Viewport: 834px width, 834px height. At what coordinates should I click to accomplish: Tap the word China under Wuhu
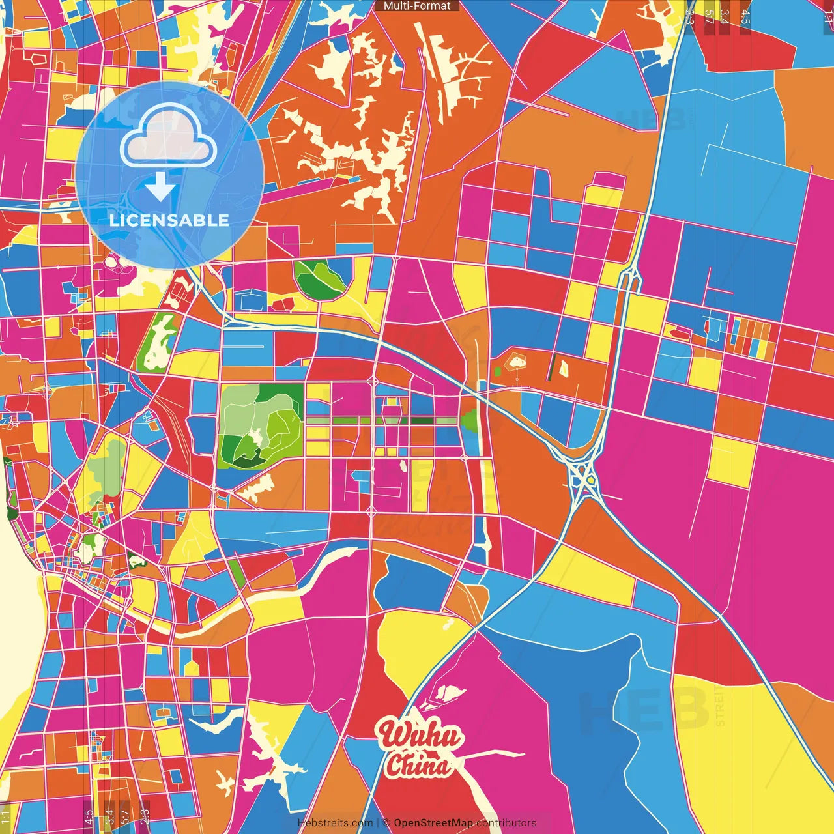point(417,765)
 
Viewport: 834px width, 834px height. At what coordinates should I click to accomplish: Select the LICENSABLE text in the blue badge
point(169,220)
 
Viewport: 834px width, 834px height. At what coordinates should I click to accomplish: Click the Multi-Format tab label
point(417,6)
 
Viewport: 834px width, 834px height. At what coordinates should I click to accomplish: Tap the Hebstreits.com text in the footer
point(335,823)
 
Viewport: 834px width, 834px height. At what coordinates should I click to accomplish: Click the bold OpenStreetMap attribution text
point(433,823)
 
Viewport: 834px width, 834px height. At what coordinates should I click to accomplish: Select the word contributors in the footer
point(506,823)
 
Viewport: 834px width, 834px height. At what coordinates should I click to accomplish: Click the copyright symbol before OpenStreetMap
point(386,823)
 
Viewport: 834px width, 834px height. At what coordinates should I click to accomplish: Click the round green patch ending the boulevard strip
point(469,421)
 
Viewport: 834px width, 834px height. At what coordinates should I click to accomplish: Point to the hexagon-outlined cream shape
point(517,361)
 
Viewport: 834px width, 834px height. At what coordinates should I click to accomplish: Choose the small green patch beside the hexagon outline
point(498,371)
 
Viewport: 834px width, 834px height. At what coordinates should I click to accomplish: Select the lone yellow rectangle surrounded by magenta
point(731,461)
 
